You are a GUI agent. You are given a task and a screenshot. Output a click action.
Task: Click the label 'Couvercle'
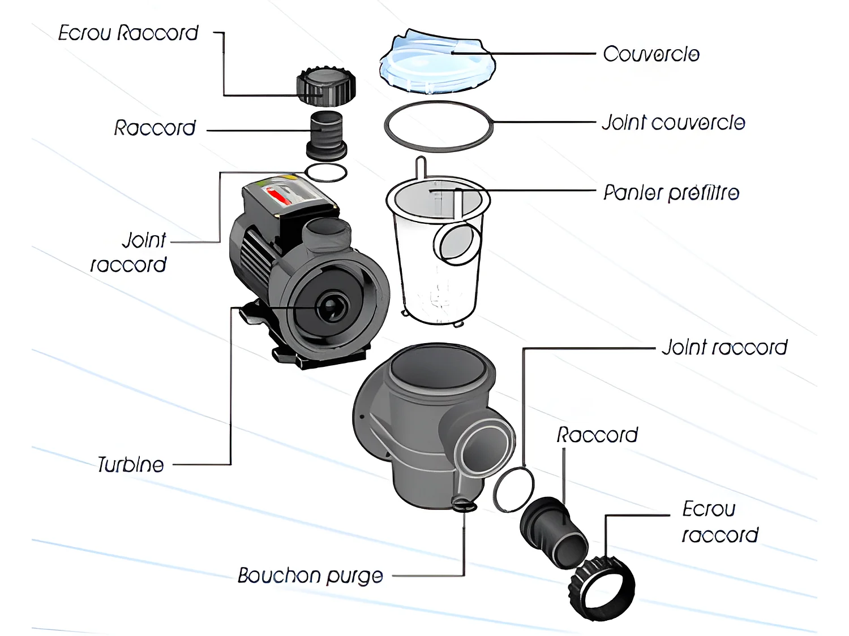click(x=651, y=54)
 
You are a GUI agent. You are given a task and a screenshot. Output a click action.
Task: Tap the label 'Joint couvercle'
click(x=673, y=123)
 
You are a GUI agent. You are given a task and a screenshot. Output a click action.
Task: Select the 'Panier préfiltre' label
click(x=671, y=193)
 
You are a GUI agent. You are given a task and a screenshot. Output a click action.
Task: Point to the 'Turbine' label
click(x=131, y=465)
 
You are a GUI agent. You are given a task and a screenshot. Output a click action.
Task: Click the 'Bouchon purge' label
click(x=310, y=576)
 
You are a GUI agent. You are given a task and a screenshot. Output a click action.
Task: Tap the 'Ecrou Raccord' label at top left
click(x=128, y=33)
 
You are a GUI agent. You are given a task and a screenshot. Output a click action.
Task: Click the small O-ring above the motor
click(x=326, y=172)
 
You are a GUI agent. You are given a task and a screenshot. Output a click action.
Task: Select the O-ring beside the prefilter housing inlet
click(x=513, y=490)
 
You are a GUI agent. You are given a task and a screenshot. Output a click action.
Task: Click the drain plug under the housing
click(x=465, y=504)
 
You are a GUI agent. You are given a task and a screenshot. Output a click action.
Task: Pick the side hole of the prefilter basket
click(x=457, y=244)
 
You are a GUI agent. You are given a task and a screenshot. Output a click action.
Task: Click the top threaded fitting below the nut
click(x=327, y=136)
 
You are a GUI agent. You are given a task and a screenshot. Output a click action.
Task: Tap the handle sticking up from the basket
click(x=420, y=168)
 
